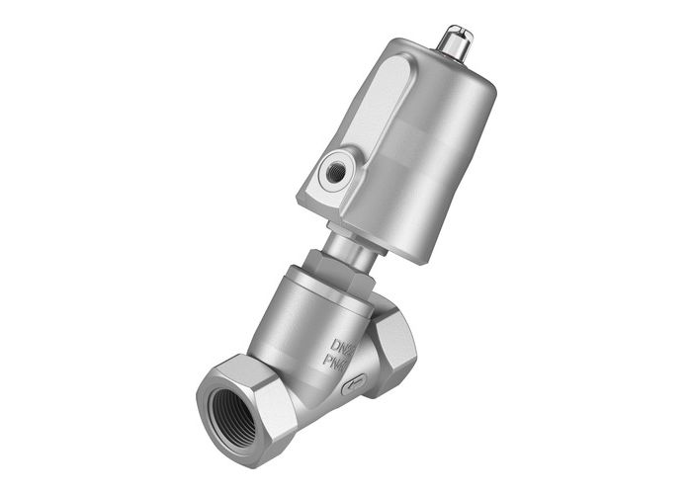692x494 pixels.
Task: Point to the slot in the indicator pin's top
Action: [457, 32]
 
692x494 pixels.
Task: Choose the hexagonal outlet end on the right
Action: [396, 341]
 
